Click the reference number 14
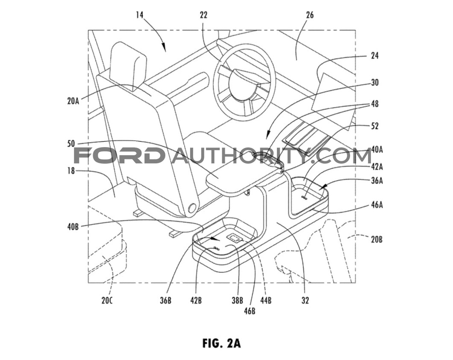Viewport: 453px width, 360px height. [x=139, y=15]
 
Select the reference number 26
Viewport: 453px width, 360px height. [x=309, y=15]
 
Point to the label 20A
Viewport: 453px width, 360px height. [x=73, y=101]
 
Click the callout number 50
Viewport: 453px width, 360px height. [x=71, y=144]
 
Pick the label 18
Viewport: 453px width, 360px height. [x=71, y=171]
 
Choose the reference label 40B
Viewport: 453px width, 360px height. [x=73, y=227]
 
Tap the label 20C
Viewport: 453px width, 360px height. [x=106, y=301]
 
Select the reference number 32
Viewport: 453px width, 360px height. [x=305, y=301]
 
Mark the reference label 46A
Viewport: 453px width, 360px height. [x=377, y=205]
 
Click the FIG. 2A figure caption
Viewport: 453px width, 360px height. [x=221, y=343]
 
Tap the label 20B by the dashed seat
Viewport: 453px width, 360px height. [x=377, y=239]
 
